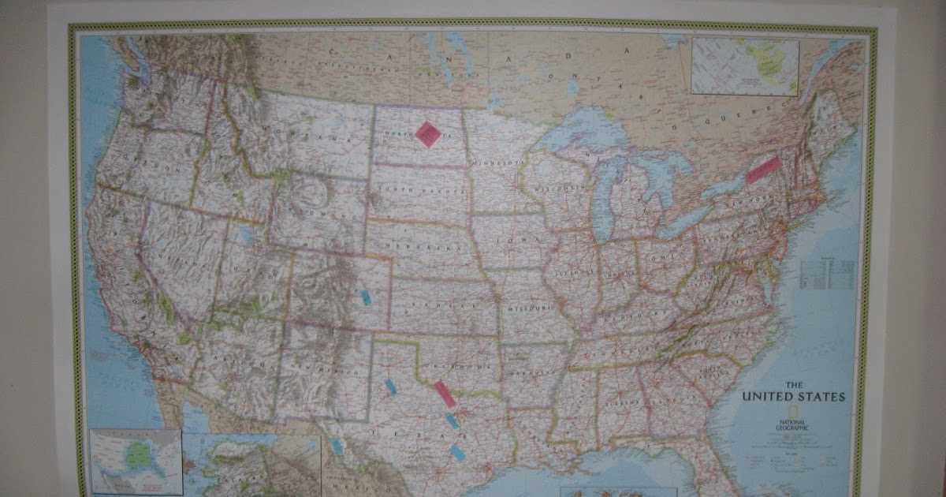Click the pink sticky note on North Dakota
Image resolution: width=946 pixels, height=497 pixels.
pyautogui.click(x=428, y=134)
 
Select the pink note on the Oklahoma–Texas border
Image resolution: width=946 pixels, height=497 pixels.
pyautogui.click(x=445, y=394)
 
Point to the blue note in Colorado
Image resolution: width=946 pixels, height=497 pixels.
pyautogui.click(x=366, y=297)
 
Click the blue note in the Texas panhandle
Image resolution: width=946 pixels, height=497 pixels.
pyautogui.click(x=389, y=387)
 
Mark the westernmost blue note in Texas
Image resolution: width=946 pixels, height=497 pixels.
pyautogui.click(x=337, y=447)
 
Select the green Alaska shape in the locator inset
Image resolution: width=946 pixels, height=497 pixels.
pyautogui.click(x=140, y=453)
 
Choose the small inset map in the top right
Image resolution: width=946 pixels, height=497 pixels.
pyautogui.click(x=745, y=67)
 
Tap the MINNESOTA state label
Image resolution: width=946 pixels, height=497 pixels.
pyautogui.click(x=497, y=163)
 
